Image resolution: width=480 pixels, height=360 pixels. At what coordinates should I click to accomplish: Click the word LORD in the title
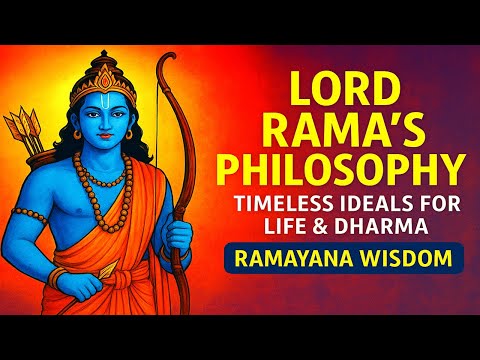click(341, 88)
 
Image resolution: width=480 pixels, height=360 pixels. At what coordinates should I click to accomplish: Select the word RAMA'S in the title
click(341, 128)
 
